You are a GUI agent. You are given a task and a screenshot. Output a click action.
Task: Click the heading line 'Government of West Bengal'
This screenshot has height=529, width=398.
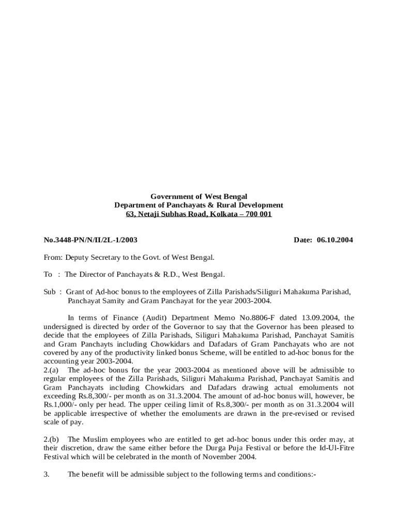198,197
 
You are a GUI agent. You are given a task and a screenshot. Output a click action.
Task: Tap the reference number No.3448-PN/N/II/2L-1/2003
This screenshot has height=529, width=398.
90,240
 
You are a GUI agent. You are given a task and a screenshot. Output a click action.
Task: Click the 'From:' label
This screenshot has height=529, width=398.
53,257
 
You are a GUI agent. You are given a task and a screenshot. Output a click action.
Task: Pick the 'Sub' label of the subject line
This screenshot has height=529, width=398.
49,292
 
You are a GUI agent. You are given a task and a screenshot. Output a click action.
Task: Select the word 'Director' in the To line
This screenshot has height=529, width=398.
94,274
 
